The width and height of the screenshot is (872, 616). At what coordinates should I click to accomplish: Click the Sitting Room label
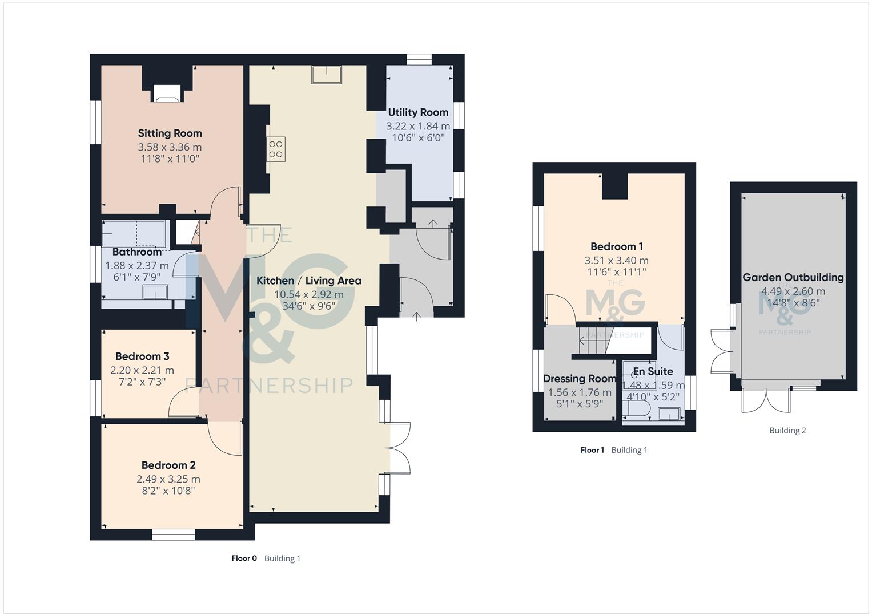170,133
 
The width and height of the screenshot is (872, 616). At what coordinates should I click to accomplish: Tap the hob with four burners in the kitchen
276,149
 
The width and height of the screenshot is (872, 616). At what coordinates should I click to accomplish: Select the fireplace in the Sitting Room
167,94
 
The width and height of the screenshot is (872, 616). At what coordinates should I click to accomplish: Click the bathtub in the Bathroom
134,234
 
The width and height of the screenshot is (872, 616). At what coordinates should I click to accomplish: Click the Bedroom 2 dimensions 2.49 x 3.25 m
168,479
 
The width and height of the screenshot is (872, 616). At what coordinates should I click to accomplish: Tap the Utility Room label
418,112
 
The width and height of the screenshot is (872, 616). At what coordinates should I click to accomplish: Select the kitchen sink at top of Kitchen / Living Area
327,75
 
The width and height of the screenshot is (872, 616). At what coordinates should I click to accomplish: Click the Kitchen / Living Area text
308,281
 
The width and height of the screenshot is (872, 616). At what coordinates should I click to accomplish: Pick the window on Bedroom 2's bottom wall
173,534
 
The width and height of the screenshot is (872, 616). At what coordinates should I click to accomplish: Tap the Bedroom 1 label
616,246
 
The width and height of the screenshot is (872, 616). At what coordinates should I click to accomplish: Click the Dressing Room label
579,379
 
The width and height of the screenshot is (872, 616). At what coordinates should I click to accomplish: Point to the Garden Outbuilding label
793,277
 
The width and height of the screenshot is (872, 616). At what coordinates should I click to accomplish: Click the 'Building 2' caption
787,431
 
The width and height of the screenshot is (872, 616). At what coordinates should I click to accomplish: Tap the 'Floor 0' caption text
244,558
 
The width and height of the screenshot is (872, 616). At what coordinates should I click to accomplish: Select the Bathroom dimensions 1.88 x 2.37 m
136,265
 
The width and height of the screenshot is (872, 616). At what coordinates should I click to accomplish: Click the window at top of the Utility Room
419,59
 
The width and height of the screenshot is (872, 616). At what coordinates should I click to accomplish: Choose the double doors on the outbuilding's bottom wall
767,399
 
